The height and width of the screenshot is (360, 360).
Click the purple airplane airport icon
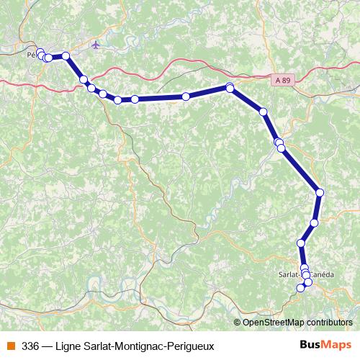pyautogui.click(x=96, y=45)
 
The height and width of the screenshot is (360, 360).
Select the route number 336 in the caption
pyautogui.click(x=30, y=346)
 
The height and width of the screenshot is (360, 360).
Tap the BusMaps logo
pyautogui.click(x=325, y=346)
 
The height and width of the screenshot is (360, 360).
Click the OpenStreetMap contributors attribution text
pyautogui.click(x=297, y=322)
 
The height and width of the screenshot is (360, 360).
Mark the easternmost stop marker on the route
pyautogui.click(x=320, y=192)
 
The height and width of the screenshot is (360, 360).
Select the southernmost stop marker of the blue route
pyautogui.click(x=301, y=289)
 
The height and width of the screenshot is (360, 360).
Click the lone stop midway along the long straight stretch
pyautogui.click(x=186, y=96)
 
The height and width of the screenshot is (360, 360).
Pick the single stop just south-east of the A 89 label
pyautogui.click(x=264, y=112)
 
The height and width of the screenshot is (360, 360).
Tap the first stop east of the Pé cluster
pyautogui.click(x=66, y=55)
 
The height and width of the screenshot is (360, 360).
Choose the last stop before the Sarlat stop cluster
pyautogui.click(x=301, y=244)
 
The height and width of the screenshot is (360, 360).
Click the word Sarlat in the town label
pyautogui.click(x=289, y=274)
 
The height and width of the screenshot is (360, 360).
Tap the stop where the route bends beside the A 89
pyautogui.click(x=230, y=88)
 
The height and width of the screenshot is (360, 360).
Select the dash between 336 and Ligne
pyautogui.click(x=47, y=346)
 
